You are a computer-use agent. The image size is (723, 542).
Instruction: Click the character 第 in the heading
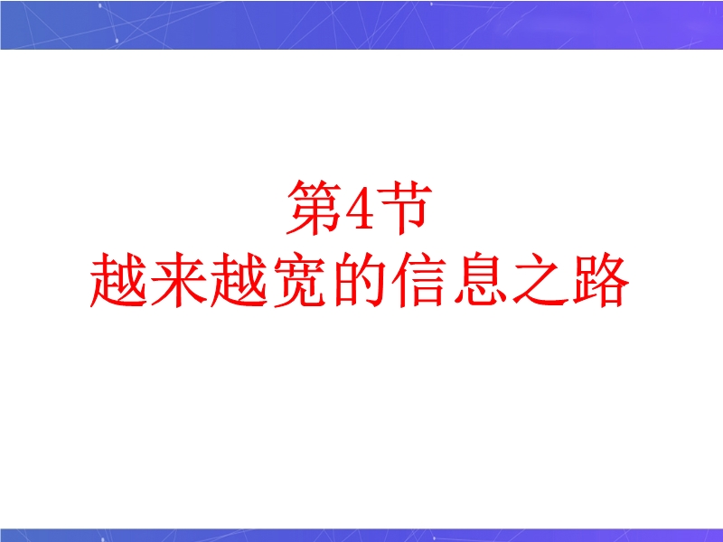(x=314, y=208)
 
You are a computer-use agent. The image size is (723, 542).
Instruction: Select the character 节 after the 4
(x=405, y=208)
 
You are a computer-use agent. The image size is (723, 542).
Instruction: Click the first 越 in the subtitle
(x=118, y=280)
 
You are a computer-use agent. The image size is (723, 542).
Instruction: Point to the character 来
(x=179, y=280)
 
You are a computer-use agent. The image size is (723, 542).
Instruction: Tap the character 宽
(x=300, y=280)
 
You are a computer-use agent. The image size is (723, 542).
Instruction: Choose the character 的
(x=360, y=280)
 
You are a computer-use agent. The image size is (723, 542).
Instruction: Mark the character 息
(x=481, y=280)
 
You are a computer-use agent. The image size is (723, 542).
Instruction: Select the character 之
(x=540, y=280)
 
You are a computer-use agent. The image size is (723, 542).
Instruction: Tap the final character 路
(x=601, y=280)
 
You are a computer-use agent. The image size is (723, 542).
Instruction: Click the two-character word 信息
(x=449, y=280)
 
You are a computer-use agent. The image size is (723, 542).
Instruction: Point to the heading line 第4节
(x=360, y=208)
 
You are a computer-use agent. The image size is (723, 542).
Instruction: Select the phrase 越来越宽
(x=209, y=280)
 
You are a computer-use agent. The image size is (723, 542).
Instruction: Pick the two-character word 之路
(x=571, y=280)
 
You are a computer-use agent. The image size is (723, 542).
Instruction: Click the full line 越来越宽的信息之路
(x=360, y=280)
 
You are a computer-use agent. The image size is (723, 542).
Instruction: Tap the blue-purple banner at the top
(x=361, y=24)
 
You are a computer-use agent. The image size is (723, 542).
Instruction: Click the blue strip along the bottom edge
(x=361, y=535)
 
